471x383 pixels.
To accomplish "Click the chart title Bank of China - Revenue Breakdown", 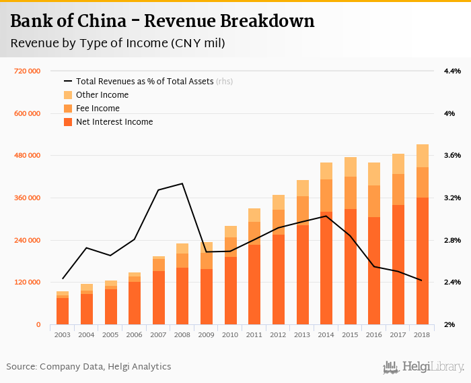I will tap(162, 22).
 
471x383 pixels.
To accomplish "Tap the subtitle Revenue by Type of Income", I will tap(117, 44).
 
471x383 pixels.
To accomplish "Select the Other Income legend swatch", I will tap(68, 95).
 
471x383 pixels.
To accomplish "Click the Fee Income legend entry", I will tap(98, 109).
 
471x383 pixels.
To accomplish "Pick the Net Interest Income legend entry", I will tap(114, 122).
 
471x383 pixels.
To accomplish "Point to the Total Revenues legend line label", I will tap(145, 82).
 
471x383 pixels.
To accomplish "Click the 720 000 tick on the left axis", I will tap(28, 71).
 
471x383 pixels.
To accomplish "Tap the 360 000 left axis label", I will tap(28, 198).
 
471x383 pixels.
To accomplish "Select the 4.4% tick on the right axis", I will tap(451, 71).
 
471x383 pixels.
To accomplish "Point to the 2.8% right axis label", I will tap(451, 240).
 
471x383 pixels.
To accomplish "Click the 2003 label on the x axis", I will tap(63, 334).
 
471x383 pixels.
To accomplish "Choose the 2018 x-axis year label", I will tap(423, 334).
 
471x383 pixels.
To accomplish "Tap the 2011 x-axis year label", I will tap(254, 334).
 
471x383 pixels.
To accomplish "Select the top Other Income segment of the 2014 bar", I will tap(326, 171).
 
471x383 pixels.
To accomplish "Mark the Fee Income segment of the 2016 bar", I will tap(374, 201).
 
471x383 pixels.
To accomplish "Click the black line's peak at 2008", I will tap(182, 183).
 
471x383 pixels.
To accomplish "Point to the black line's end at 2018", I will tap(422, 281).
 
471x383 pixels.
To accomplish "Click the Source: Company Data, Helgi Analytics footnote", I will tap(89, 367).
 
